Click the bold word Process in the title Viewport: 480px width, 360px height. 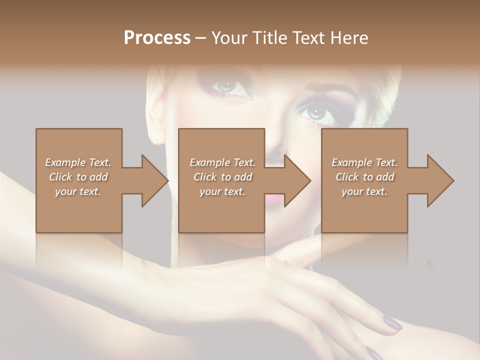click(x=157, y=38)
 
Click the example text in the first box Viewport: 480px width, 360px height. click(x=78, y=177)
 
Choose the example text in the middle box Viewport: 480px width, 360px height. click(x=222, y=177)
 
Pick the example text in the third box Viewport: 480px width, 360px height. click(x=364, y=177)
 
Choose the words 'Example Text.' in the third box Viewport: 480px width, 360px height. click(x=364, y=162)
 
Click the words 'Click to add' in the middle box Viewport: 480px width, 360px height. click(x=222, y=177)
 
